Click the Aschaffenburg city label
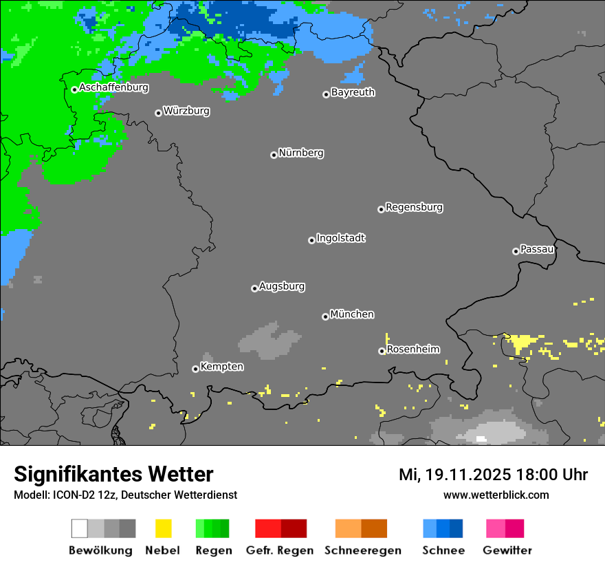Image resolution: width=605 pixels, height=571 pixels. (x=113, y=87)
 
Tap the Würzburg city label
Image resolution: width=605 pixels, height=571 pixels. (x=186, y=111)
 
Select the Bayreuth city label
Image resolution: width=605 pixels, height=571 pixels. (x=353, y=92)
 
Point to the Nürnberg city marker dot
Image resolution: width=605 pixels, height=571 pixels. (x=274, y=155)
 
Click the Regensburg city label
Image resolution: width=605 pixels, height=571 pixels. (x=414, y=207)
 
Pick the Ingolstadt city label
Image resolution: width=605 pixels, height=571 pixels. (x=340, y=238)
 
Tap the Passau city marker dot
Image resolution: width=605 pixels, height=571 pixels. (x=516, y=251)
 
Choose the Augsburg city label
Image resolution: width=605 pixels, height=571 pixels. (x=282, y=286)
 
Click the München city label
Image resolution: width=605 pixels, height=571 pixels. (x=352, y=314)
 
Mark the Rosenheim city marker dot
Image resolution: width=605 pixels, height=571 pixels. (x=382, y=352)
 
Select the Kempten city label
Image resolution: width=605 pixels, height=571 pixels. (x=221, y=367)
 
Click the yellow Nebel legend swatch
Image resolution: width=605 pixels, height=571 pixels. (x=163, y=528)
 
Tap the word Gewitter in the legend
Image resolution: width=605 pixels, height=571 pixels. (x=507, y=550)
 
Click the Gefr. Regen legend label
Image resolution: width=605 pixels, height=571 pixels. (x=280, y=550)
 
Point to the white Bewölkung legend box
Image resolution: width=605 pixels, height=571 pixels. (x=80, y=528)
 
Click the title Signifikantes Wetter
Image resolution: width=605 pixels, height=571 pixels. (x=113, y=474)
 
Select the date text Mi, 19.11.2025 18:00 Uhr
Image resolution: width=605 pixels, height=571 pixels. (x=493, y=475)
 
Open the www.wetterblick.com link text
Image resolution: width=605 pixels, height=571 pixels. (x=496, y=495)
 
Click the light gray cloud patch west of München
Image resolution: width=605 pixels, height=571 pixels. (x=270, y=340)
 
